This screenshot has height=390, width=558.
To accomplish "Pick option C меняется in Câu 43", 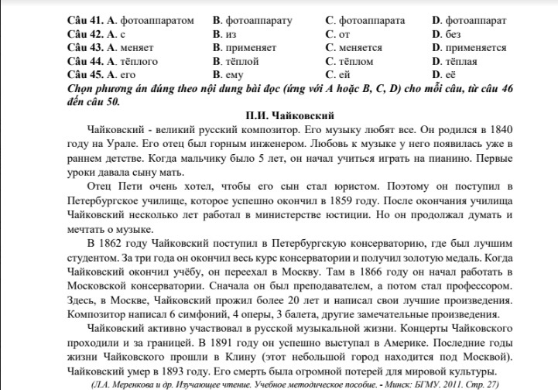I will tap(361, 47).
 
